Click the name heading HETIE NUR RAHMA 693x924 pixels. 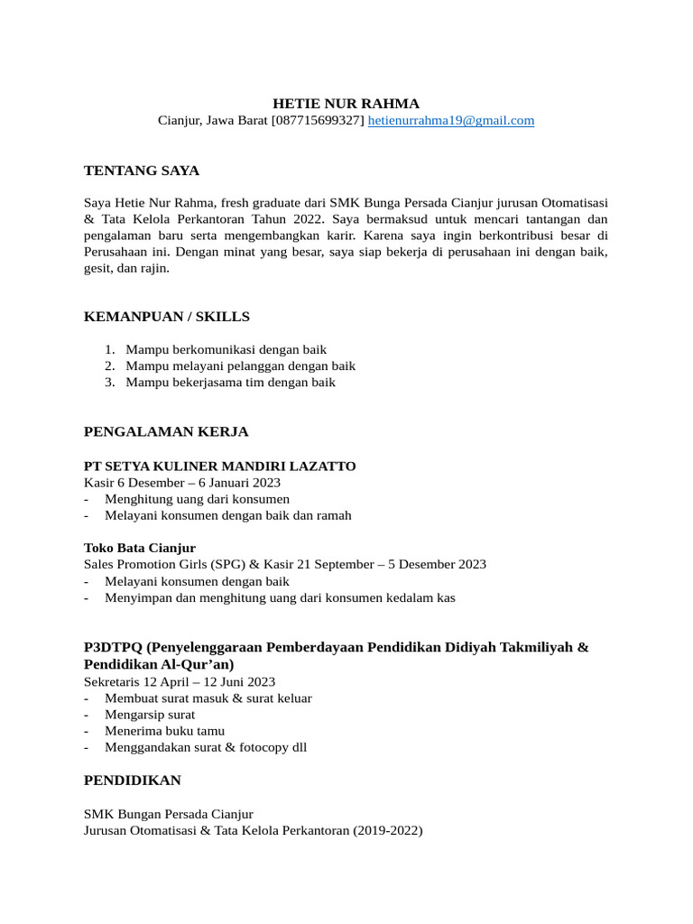[x=346, y=103]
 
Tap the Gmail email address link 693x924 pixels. [x=451, y=120]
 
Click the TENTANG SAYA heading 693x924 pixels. [x=142, y=171]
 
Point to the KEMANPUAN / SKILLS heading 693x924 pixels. [x=167, y=317]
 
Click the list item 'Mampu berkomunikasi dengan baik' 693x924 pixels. [x=226, y=349]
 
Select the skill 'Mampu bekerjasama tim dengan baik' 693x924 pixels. [x=231, y=382]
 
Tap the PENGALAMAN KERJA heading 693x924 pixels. [x=166, y=432]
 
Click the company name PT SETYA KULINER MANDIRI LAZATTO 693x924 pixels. [x=220, y=467]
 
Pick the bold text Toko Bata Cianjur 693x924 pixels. [x=140, y=548]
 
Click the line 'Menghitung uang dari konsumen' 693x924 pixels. [x=198, y=499]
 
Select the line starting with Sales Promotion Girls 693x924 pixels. [x=285, y=564]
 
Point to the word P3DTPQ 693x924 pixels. [x=113, y=648]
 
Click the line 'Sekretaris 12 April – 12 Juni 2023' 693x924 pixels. [x=180, y=681]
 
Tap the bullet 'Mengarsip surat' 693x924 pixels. [x=150, y=715]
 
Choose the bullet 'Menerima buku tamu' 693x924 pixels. [x=165, y=731]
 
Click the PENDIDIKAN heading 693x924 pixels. [x=133, y=781]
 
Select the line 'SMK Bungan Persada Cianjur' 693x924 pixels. [x=169, y=813]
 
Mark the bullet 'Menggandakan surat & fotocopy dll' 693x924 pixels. [x=206, y=747]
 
